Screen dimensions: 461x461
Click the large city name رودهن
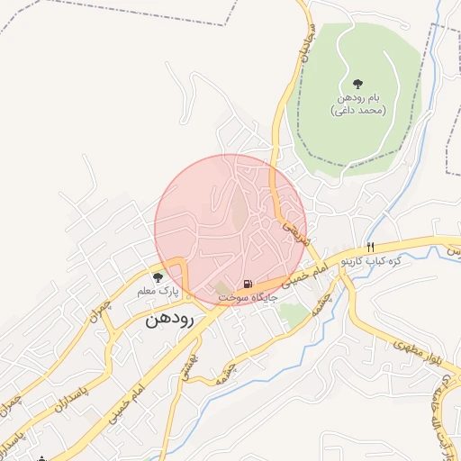click(169, 319)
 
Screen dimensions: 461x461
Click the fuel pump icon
click(248, 285)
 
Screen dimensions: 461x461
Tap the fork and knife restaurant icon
click(369, 248)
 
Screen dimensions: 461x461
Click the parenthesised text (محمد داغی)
click(358, 110)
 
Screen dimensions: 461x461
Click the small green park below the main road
click(293, 314)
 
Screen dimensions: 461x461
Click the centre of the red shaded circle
click(230, 230)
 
